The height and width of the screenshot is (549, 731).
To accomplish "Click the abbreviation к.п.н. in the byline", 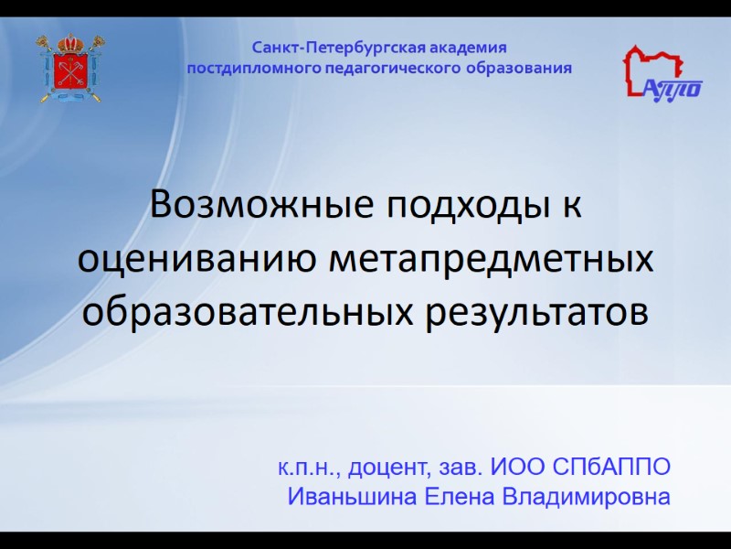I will coord(308,468).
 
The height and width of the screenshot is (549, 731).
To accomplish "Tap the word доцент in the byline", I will coord(390,468).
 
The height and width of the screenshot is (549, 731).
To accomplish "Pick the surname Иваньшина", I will coord(354,499).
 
